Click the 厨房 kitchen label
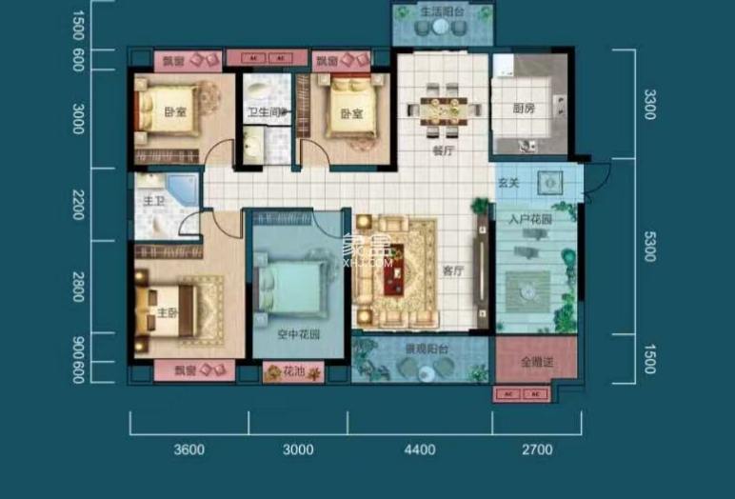tap(524, 109)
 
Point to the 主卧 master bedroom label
tap(169, 312)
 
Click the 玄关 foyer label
tap(508, 181)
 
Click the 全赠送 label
tap(536, 362)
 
